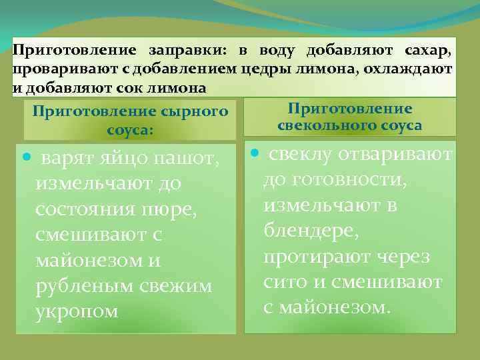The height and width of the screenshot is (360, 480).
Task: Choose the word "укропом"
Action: [78, 311]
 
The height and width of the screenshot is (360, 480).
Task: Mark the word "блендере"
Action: [310, 232]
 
